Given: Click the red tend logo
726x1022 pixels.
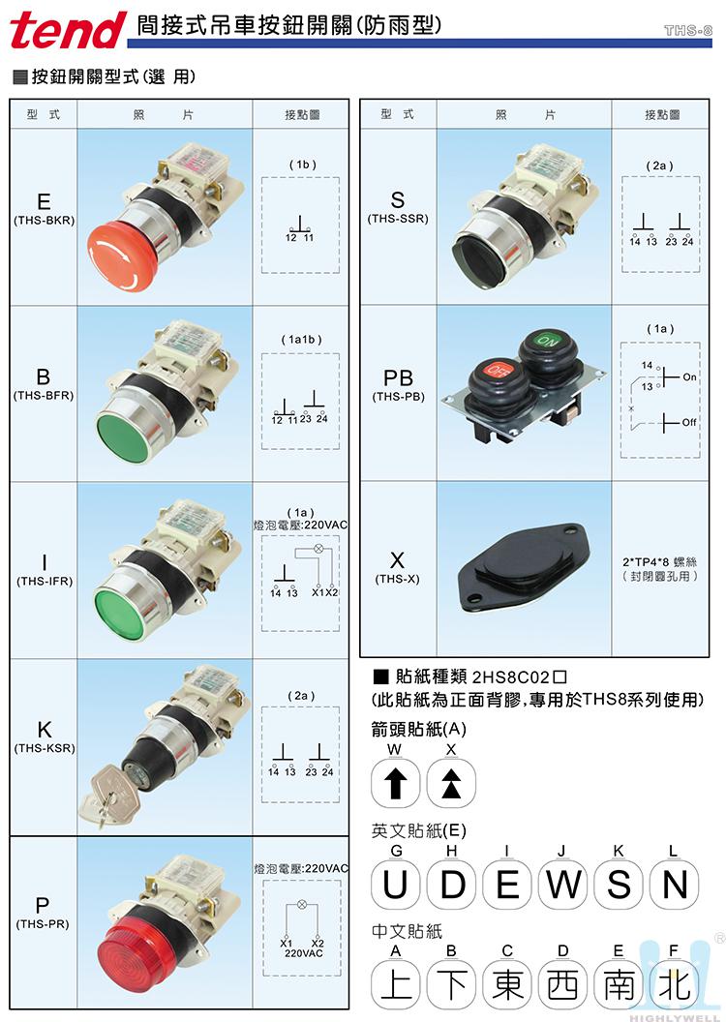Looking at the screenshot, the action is [x=68, y=31].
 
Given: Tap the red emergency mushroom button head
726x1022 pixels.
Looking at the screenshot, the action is [x=122, y=255].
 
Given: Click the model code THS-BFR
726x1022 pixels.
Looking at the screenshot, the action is [x=44, y=396].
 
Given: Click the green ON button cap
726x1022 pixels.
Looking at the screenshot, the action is [x=547, y=342].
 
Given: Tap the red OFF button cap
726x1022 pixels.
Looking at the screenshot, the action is [x=499, y=371].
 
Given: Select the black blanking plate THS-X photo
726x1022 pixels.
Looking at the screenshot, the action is [x=525, y=568].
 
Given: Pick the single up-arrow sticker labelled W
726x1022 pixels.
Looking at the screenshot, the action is [x=395, y=783].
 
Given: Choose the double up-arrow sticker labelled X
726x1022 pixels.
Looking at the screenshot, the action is [x=451, y=783].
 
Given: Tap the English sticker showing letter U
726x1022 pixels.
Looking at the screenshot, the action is [x=396, y=885].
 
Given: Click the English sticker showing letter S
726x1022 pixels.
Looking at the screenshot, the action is [x=619, y=885].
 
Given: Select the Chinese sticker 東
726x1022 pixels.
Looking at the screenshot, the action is [x=507, y=984].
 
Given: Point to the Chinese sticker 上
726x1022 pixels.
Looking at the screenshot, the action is [x=396, y=984].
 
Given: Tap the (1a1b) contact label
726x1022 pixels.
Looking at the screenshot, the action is [x=301, y=340].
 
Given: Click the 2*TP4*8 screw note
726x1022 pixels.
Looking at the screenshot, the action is [x=659, y=562].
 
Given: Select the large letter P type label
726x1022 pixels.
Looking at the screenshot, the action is [x=43, y=905].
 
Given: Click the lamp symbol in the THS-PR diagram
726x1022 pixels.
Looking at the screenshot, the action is [x=302, y=905].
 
